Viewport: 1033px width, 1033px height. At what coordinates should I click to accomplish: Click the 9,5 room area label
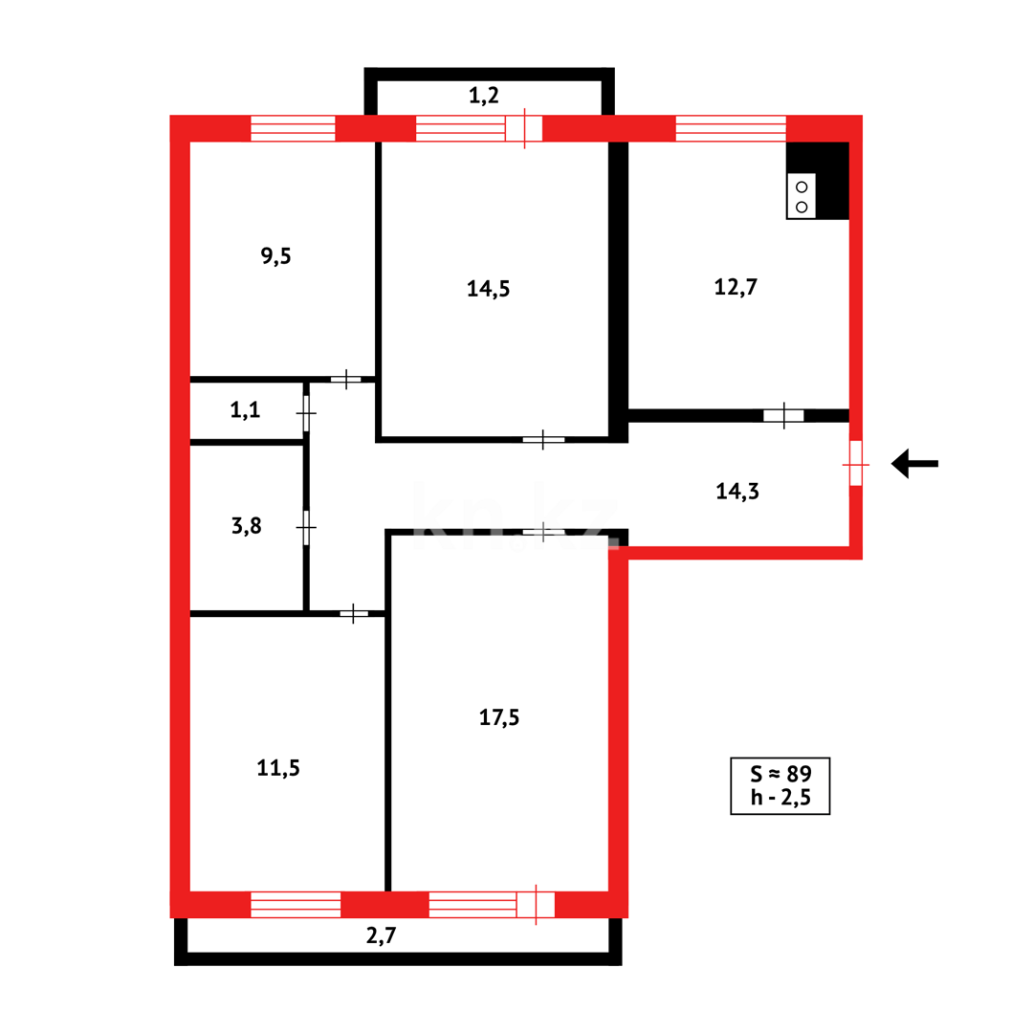(275, 256)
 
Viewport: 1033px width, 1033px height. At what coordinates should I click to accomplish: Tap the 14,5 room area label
(488, 289)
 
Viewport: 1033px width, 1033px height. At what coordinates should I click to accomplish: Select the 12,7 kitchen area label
(736, 286)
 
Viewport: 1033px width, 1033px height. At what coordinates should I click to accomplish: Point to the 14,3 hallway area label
(736, 492)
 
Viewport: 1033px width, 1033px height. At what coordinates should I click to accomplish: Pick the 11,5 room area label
(278, 767)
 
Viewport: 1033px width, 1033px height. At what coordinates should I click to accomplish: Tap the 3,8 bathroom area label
(247, 526)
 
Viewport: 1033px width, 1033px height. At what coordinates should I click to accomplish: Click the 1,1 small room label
(245, 411)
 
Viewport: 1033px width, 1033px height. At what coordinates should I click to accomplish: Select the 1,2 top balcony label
(484, 96)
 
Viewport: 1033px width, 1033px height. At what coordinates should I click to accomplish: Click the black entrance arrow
(913, 464)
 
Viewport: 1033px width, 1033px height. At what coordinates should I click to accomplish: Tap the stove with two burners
(802, 196)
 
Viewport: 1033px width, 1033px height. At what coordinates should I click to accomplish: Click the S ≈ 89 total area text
(780, 773)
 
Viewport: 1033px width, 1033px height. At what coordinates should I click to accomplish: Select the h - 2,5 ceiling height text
(780, 799)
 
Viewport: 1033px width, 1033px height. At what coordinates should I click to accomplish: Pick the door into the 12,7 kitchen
(783, 415)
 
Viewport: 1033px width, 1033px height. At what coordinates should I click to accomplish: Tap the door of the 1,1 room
(306, 413)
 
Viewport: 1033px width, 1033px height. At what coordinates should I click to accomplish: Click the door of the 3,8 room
(306, 527)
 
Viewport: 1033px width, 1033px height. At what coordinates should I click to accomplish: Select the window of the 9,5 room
(293, 128)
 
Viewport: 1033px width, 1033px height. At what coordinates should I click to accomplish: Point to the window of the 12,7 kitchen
(731, 128)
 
